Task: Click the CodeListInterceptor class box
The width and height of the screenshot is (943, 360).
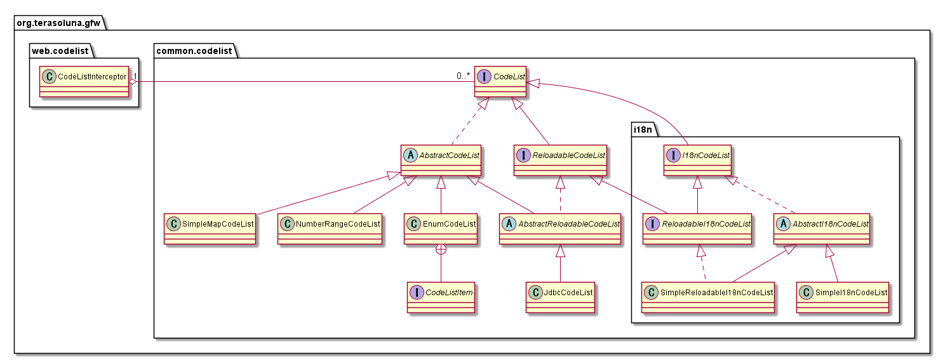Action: (84, 81)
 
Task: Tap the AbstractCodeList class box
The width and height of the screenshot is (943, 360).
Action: (441, 159)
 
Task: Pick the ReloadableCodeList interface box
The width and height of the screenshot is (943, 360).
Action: (559, 159)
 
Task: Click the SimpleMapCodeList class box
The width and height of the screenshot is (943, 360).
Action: (210, 229)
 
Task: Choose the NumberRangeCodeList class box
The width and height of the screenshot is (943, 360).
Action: (330, 229)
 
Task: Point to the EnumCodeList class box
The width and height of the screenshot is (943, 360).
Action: (441, 229)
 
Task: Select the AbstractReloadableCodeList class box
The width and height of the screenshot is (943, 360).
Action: (559, 229)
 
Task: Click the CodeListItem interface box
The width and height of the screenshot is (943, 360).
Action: (441, 298)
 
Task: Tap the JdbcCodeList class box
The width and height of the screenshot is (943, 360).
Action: (559, 298)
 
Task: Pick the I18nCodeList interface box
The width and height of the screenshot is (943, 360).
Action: (697, 159)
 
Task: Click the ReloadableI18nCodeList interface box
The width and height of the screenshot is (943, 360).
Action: (697, 229)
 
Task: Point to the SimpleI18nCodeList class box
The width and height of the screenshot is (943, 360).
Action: (843, 298)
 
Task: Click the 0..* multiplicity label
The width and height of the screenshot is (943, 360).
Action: (463, 76)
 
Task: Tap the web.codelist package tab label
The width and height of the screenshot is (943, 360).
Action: (60, 49)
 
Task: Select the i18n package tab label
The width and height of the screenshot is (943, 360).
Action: (647, 130)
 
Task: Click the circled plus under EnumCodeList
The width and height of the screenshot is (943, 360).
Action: (441, 251)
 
